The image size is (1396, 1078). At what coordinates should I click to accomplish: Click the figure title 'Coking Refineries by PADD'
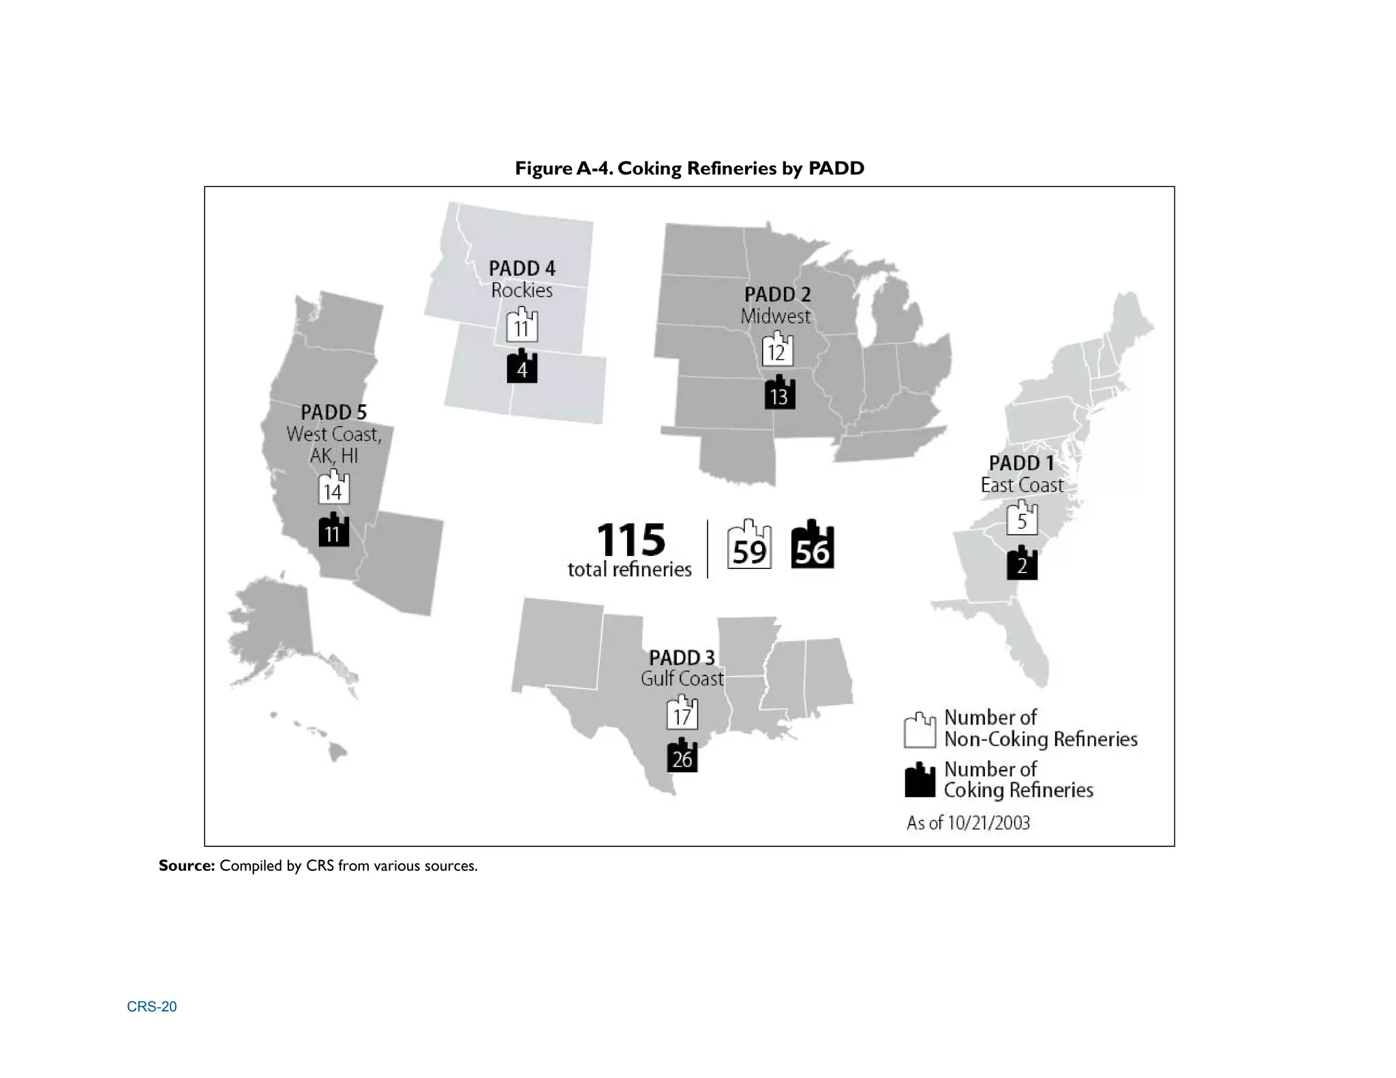[x=689, y=168]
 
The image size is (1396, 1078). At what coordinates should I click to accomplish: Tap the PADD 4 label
[x=522, y=268]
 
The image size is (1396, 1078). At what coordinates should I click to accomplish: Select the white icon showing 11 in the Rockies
[x=522, y=326]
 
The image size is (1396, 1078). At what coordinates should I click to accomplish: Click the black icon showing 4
[x=522, y=367]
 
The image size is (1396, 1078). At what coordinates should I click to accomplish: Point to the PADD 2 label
[x=777, y=294]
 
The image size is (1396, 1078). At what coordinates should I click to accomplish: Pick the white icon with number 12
[x=777, y=350]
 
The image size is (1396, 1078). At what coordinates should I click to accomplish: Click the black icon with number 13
[x=779, y=394]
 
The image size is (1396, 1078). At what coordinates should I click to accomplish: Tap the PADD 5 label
[x=333, y=412]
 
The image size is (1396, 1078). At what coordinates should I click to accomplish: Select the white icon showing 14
[x=333, y=489]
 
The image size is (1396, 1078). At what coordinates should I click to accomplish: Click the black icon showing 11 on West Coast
[x=333, y=531]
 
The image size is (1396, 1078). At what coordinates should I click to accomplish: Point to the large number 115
[x=631, y=540]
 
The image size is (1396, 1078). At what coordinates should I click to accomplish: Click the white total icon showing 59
[x=749, y=547]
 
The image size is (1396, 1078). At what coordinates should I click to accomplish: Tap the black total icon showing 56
[x=813, y=547]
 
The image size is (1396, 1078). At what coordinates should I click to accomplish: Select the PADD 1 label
[x=1021, y=463]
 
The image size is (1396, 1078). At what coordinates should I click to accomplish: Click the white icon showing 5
[x=1022, y=519]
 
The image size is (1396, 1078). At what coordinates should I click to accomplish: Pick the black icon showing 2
[x=1022, y=564]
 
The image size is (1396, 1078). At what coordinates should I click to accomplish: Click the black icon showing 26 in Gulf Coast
[x=682, y=757]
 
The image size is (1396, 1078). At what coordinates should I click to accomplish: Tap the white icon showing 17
[x=682, y=713]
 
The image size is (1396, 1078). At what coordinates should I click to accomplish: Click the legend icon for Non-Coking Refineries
[x=920, y=730]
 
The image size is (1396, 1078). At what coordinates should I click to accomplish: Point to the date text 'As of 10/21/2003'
[x=968, y=823]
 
